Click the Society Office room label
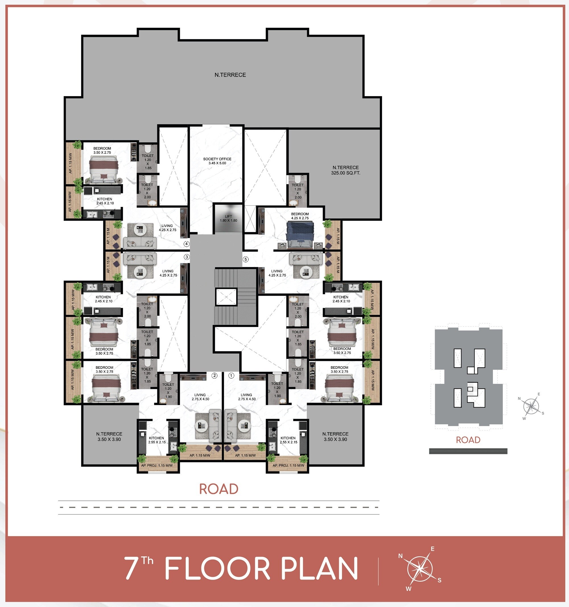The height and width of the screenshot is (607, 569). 217,161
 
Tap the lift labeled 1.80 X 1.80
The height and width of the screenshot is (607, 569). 228,218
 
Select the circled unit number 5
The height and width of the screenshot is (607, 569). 246,259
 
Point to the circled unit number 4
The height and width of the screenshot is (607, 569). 186,244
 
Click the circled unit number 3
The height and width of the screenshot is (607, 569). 186,257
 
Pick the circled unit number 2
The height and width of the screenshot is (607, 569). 215,375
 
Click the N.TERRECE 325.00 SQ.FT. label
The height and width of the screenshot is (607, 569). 346,170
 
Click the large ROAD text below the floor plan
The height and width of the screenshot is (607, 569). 218,489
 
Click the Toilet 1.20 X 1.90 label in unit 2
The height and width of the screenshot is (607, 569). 168,391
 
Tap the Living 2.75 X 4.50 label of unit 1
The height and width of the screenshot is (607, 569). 247,397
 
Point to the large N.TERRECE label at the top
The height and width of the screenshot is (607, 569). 230,75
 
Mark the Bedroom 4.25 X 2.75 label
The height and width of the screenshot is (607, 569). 300,216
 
